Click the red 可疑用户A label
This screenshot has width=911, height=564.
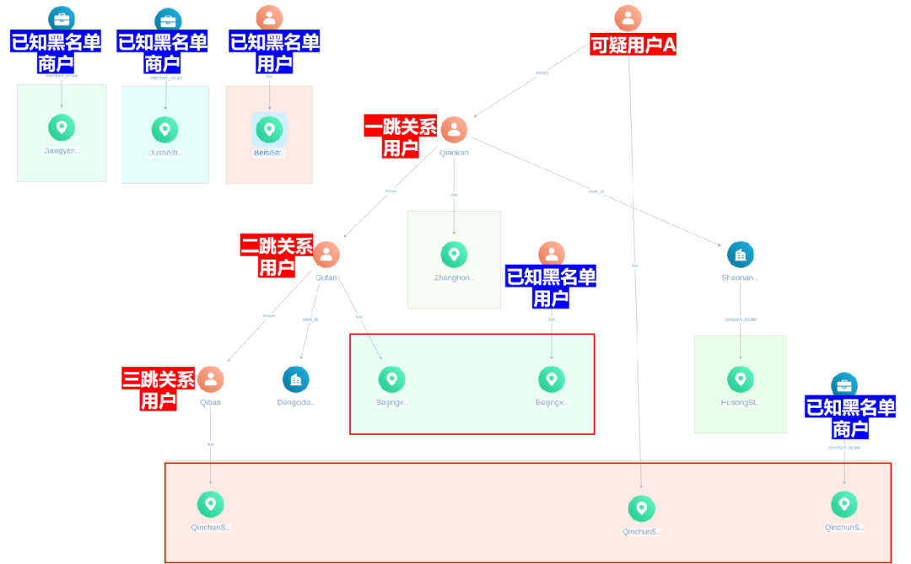(633, 45)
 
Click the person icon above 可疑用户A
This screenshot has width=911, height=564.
(628, 18)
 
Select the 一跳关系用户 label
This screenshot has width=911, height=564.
(401, 137)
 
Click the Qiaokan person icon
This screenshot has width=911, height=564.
(454, 130)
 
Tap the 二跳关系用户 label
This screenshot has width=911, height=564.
(277, 256)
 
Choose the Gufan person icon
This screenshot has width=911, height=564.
(326, 255)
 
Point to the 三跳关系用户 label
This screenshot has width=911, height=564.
(159, 389)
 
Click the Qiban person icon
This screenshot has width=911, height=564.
(211, 379)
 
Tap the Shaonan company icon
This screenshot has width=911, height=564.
(740, 255)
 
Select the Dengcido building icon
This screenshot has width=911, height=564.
(296, 379)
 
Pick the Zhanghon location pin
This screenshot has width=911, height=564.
(454, 255)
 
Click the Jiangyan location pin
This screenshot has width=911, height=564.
(62, 128)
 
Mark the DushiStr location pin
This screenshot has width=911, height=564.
(165, 130)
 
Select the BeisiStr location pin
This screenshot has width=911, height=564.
(269, 129)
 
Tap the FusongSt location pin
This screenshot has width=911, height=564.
(740, 379)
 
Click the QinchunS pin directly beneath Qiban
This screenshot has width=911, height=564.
(211, 504)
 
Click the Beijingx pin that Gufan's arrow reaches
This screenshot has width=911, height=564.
(391, 379)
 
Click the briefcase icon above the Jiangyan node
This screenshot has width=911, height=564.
(62, 18)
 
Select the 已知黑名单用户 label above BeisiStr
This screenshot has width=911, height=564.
(275, 52)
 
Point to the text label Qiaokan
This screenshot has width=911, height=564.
(454, 153)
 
